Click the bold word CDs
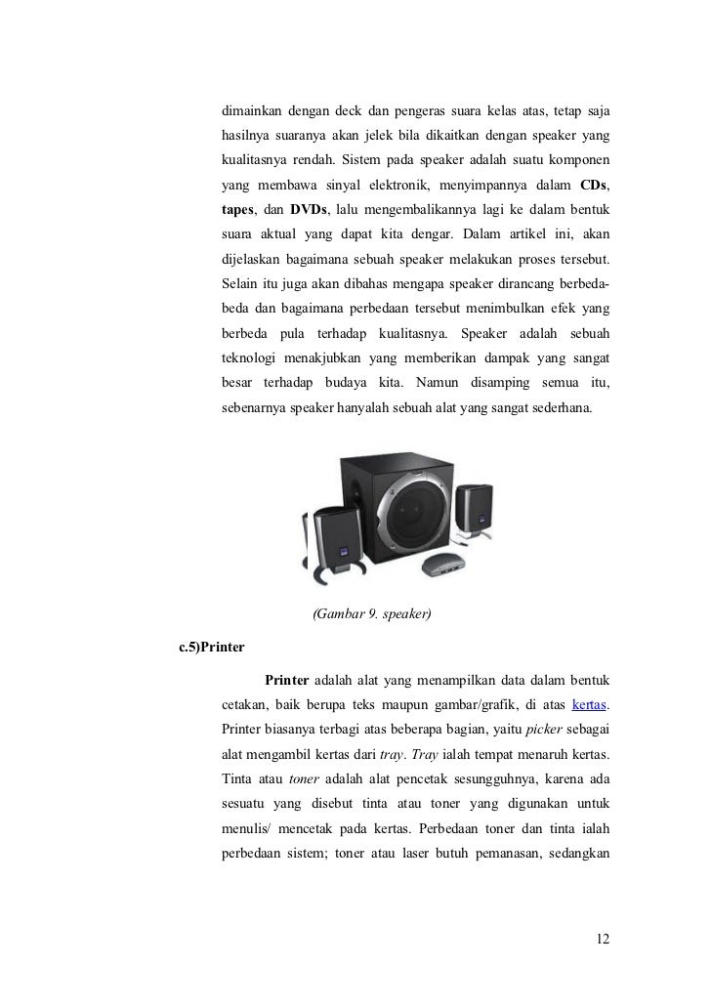click(x=596, y=186)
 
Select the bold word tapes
click(x=237, y=212)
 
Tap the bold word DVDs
click(x=311, y=212)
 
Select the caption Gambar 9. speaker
click(x=371, y=614)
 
